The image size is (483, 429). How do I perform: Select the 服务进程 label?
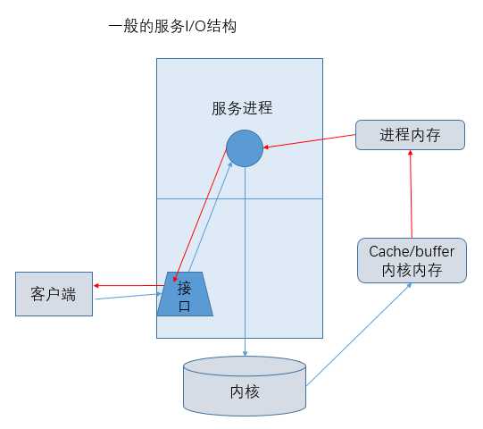point(241,109)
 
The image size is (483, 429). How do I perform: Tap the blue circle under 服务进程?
point(244,148)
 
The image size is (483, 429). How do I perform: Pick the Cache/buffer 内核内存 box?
point(412,260)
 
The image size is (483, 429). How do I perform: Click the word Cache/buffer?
point(412,251)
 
